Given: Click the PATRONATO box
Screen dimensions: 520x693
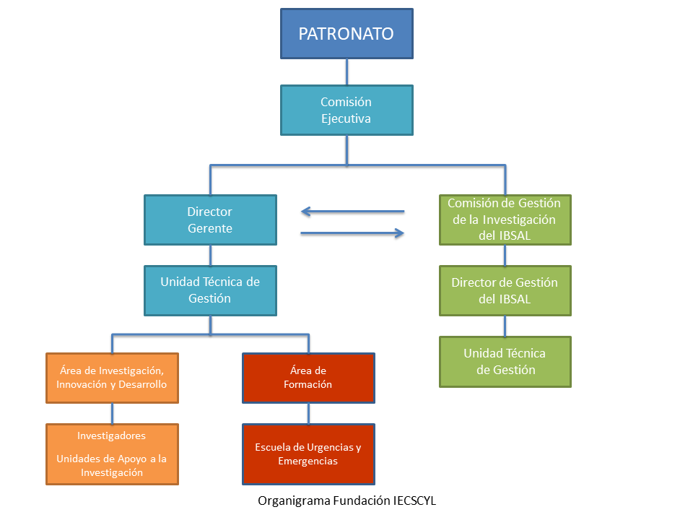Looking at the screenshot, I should coord(346,33).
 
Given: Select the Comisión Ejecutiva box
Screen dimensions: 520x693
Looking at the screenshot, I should coord(346,110).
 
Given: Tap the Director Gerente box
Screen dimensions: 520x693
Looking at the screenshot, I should coord(210,220).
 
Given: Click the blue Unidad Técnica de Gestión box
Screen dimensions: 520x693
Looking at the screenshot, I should coord(210,290).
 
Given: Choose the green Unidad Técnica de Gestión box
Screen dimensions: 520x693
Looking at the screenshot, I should coord(505,361).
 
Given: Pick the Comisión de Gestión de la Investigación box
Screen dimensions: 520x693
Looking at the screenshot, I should coord(505,220).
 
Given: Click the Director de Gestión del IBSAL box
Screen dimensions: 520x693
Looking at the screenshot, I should coord(505,290).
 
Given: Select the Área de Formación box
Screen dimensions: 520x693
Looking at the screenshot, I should coord(308,377).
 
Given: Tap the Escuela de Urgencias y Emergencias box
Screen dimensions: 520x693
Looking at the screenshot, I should coord(308,454).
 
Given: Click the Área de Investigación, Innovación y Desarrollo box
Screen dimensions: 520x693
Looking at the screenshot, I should coord(112,377).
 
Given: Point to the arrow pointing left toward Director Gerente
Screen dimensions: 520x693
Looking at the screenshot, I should coord(352,212).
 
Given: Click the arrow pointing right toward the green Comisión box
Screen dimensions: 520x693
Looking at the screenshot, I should coord(352,233).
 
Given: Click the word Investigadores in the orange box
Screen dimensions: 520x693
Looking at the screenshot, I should coord(112,435).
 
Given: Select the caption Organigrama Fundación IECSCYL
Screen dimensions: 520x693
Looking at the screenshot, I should coord(346,500).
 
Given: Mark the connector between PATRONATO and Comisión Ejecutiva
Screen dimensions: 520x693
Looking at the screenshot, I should coord(346,71).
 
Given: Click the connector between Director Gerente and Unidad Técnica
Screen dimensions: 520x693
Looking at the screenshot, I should coord(210,255).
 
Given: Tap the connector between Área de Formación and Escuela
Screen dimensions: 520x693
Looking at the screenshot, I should coord(308,413).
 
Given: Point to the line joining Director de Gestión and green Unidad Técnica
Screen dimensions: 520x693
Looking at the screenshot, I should coord(505,326).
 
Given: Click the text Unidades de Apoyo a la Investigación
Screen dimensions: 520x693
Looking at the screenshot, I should coord(112,465).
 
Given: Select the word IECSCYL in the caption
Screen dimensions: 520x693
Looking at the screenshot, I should coord(414,500).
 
